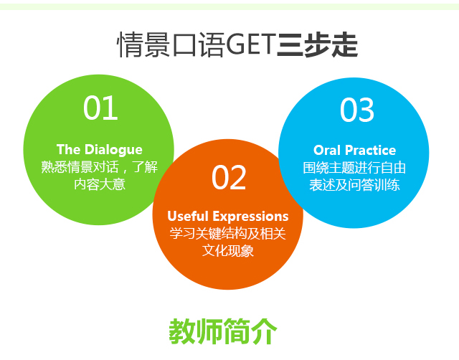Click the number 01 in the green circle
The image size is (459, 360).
pyautogui.click(x=100, y=108)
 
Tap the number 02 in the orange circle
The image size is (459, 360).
pyautogui.click(x=229, y=177)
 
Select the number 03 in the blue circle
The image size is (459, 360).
pyautogui.click(x=357, y=110)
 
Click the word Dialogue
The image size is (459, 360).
pyautogui.click(x=115, y=150)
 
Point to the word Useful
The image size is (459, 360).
pyautogui.click(x=188, y=216)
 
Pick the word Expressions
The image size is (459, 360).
pyautogui.click(x=250, y=217)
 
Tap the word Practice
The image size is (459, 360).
pyautogui.click(x=371, y=150)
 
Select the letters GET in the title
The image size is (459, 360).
pyautogui.click(x=251, y=44)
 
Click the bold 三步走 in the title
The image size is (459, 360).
pyautogui.click(x=317, y=44)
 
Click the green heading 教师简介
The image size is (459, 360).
pyautogui.click(x=223, y=331)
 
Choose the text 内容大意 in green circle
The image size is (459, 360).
pyautogui.click(x=100, y=184)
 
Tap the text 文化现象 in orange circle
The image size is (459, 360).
pyautogui.click(x=228, y=251)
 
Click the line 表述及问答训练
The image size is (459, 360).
pyautogui.click(x=354, y=185)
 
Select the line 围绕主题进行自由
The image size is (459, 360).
pyautogui.click(x=354, y=168)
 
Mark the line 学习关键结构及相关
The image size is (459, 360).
pyautogui.click(x=228, y=234)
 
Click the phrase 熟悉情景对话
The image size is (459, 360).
pyautogui.click(x=80, y=167)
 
